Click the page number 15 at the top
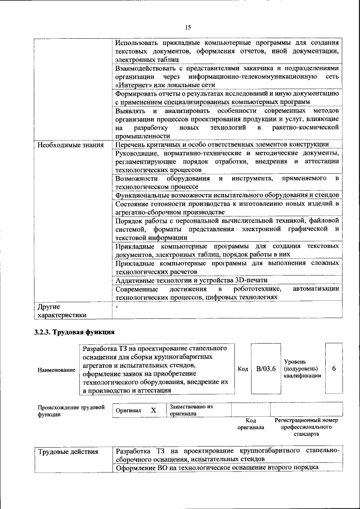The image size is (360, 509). click(x=188, y=27)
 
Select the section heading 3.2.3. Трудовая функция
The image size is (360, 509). click(x=70, y=331)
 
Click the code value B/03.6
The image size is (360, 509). click(x=265, y=369)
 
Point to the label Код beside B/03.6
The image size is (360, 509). click(x=242, y=369)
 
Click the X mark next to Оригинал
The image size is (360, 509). click(x=153, y=411)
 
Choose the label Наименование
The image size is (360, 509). click(x=56, y=370)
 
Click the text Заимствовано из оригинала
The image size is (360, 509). click(x=191, y=409)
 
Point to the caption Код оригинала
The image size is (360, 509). click(x=251, y=424)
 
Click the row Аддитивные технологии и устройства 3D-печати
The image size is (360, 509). click(x=191, y=280)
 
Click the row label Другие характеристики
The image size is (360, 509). click(x=62, y=311)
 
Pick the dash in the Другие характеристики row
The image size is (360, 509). click(x=117, y=307)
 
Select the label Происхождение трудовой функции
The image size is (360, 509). click(x=71, y=411)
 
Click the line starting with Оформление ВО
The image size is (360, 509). click(x=217, y=467)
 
